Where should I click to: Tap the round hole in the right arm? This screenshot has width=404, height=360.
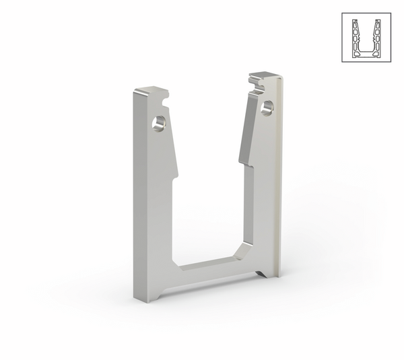click(268, 106)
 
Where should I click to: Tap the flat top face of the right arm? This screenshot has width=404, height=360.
click(265, 75)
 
